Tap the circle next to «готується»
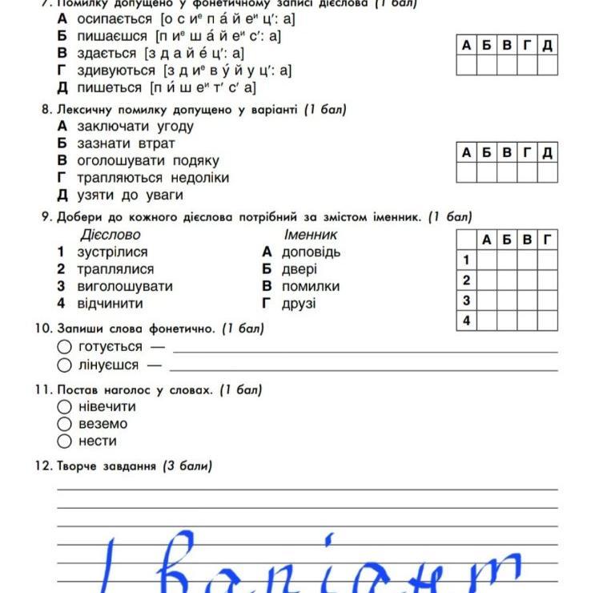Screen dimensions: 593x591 coord(65,347)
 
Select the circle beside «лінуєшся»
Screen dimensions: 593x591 coord(65,365)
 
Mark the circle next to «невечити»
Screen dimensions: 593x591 coord(65,406)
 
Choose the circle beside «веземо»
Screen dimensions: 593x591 coord(65,424)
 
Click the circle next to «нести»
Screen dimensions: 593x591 coord(65,441)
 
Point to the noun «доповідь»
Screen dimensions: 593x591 coord(311,252)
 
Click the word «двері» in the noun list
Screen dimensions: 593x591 coord(300,269)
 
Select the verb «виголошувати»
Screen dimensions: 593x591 coord(124,286)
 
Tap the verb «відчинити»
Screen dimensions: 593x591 coord(110,304)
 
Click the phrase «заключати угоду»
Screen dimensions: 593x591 coord(135,126)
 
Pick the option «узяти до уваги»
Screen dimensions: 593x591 coord(130,195)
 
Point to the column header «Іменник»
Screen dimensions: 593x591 coord(311,235)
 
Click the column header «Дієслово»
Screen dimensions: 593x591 coord(111,235)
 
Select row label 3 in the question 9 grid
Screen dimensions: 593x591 coord(466,301)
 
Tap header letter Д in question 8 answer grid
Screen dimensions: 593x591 coord(547,152)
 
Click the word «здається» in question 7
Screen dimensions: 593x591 coord(107,54)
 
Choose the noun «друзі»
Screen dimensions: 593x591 coord(299,304)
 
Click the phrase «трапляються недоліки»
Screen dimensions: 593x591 coord(153,177)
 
